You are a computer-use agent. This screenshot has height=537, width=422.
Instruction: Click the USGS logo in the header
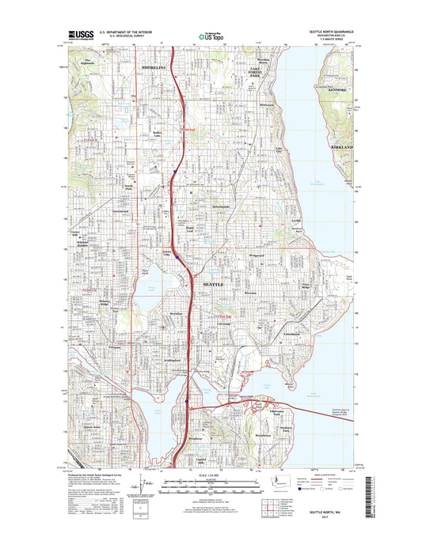coord(84,36)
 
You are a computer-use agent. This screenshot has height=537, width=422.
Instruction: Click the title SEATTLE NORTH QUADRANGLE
coord(329,32)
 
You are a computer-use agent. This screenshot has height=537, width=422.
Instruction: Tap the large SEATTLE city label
coord(215,282)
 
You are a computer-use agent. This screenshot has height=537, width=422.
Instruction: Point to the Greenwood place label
coord(120,211)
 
